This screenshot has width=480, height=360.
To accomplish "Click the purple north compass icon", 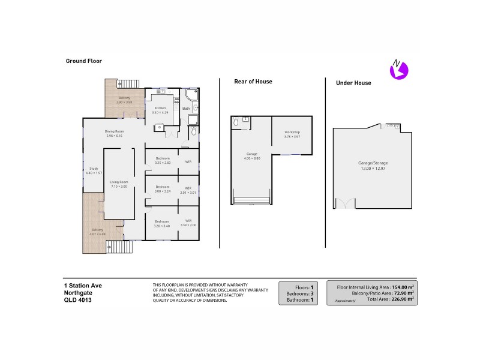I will point(398,70).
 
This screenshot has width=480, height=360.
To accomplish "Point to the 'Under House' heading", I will point(353,83).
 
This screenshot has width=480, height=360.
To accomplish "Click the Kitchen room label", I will point(160,108).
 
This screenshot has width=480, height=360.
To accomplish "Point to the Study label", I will point(94,168).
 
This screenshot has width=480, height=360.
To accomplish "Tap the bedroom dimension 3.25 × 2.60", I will point(163,163).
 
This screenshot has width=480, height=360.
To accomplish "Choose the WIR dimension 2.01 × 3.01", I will point(188,193).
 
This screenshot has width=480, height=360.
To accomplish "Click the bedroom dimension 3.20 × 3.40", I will point(163,226).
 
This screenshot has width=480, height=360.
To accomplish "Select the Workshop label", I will point(292,131).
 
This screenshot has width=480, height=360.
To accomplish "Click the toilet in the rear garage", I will point(236,122).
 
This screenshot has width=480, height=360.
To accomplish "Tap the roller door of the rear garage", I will point(251,200).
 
